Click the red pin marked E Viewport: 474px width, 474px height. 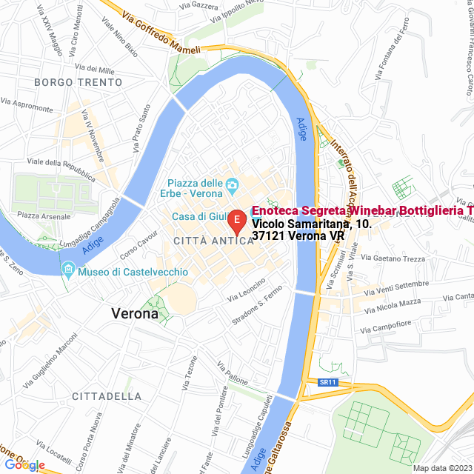[x=236, y=220]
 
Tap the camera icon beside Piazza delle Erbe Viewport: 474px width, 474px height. [x=233, y=184]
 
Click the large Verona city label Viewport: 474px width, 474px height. [x=135, y=313]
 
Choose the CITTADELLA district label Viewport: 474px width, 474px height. [x=107, y=396]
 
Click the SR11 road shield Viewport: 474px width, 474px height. [x=328, y=382]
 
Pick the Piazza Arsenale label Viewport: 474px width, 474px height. [x=44, y=216]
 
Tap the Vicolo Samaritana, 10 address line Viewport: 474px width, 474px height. [x=310, y=224]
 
